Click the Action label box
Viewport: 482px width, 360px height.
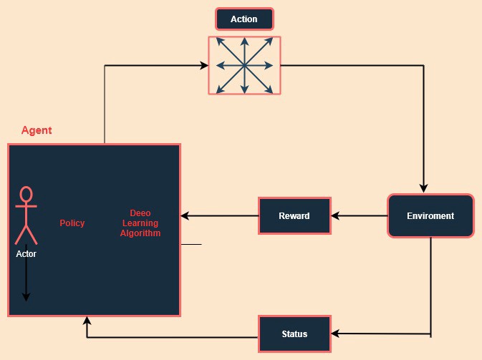244,19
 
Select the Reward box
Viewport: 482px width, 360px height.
294,215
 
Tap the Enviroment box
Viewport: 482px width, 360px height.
430,215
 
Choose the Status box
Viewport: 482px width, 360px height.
294,334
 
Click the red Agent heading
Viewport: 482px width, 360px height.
37,130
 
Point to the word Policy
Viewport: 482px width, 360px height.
72,223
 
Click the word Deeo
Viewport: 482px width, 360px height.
140,213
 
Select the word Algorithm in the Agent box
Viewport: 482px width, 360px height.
140,233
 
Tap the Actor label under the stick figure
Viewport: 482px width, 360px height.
26,253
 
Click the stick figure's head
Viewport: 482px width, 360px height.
26,195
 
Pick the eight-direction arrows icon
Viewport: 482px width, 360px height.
244,66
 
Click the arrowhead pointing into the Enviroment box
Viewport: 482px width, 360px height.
424,189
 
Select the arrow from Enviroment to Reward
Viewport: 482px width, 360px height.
359,215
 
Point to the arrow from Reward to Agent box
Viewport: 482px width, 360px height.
219,215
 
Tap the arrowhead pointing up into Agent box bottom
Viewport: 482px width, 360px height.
87,321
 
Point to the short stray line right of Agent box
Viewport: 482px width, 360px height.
191,244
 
